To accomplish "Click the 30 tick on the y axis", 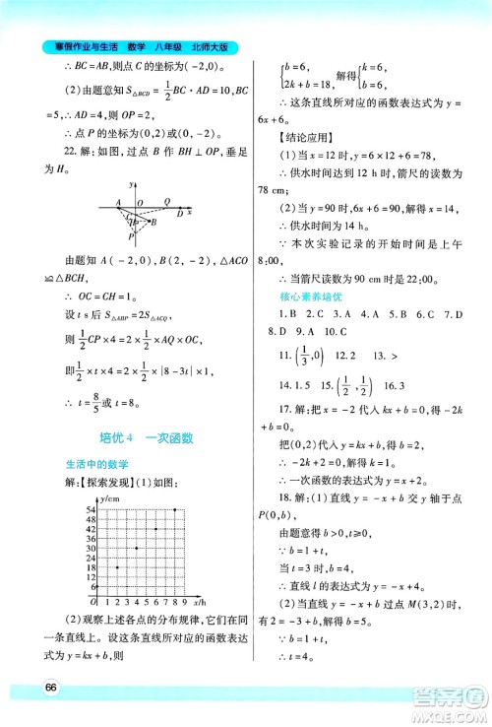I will pyautogui.click(x=90, y=547).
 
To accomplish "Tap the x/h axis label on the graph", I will pyautogui.click(x=200, y=602).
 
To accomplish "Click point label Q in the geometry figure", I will pyautogui.click(x=166, y=202).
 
